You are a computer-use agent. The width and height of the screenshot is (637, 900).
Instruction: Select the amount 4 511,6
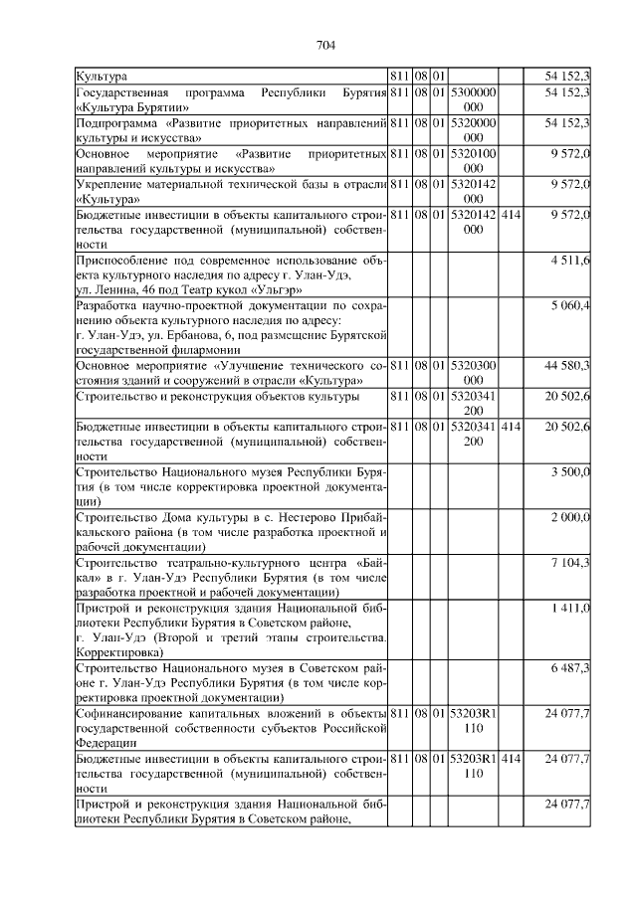[569, 260]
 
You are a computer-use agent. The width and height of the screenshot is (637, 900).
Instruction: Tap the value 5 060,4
[569, 303]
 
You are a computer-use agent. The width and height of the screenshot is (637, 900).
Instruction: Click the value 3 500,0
[569, 470]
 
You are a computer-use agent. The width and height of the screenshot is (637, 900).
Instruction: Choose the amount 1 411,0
[571, 607]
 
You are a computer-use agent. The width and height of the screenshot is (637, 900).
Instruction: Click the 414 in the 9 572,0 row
[510, 214]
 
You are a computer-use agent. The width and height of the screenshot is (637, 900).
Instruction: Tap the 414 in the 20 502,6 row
[510, 426]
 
